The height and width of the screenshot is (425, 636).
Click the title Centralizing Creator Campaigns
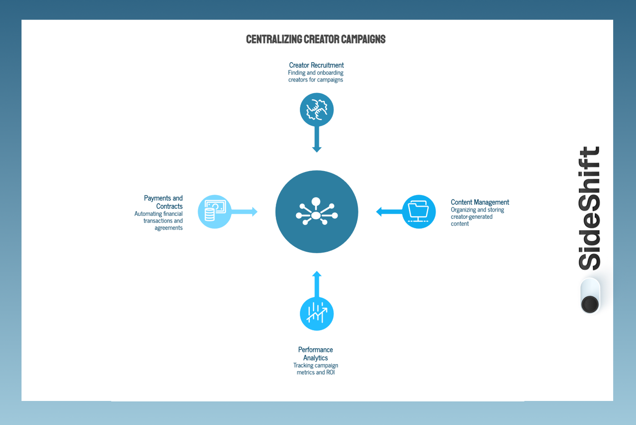(x=316, y=40)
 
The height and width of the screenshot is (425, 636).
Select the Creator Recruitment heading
(x=316, y=65)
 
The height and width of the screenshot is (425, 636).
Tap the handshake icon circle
(x=317, y=110)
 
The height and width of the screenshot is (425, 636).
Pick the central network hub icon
(x=317, y=212)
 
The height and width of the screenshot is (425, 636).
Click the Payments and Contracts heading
(x=164, y=202)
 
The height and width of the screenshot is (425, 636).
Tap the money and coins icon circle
(x=214, y=212)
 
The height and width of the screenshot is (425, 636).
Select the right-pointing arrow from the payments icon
(x=245, y=212)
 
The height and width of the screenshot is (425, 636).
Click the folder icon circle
(x=419, y=212)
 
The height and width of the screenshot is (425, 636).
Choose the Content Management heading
(x=480, y=202)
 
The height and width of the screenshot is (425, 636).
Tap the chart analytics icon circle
(x=317, y=314)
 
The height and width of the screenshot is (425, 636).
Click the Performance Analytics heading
(x=315, y=354)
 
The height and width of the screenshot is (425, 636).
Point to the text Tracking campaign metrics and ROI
(x=316, y=369)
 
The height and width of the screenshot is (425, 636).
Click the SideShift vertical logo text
(x=590, y=208)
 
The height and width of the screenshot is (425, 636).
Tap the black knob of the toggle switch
(x=590, y=304)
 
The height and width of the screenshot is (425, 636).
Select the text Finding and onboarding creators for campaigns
(x=316, y=76)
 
